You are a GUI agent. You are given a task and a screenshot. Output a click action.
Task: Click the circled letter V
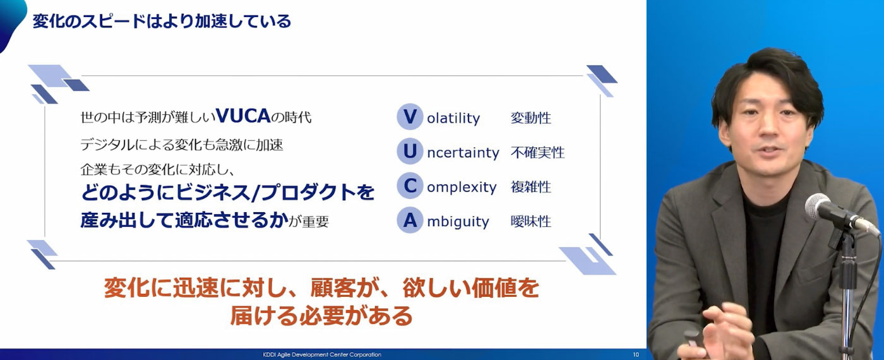click(410, 117)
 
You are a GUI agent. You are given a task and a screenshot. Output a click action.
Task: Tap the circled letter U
click(410, 151)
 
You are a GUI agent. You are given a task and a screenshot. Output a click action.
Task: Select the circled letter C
click(410, 186)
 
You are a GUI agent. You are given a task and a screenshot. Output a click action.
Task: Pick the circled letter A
click(410, 220)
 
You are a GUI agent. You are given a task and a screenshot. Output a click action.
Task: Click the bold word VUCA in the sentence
click(243, 116)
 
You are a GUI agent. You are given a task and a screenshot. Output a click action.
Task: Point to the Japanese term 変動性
click(531, 117)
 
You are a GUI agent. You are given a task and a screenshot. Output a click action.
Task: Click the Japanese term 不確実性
click(537, 152)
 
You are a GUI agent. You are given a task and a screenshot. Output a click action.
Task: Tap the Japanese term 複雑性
click(531, 187)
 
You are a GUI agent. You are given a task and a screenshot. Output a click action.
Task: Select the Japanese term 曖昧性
click(531, 221)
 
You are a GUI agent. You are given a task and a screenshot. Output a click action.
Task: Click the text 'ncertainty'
click(463, 153)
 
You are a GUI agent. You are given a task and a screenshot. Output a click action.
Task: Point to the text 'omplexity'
click(462, 187)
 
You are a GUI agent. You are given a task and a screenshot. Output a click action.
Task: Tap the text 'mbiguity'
click(458, 222)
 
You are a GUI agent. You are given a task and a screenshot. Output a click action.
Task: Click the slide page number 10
click(636, 354)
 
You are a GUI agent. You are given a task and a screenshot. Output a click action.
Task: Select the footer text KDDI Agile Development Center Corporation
click(322, 354)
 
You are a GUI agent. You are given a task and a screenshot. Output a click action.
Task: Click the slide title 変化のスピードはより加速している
click(162, 21)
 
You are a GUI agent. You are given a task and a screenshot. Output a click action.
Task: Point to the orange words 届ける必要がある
click(321, 316)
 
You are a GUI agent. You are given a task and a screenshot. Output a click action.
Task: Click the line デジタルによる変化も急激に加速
click(182, 145)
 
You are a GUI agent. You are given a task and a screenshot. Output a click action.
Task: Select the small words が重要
click(309, 222)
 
